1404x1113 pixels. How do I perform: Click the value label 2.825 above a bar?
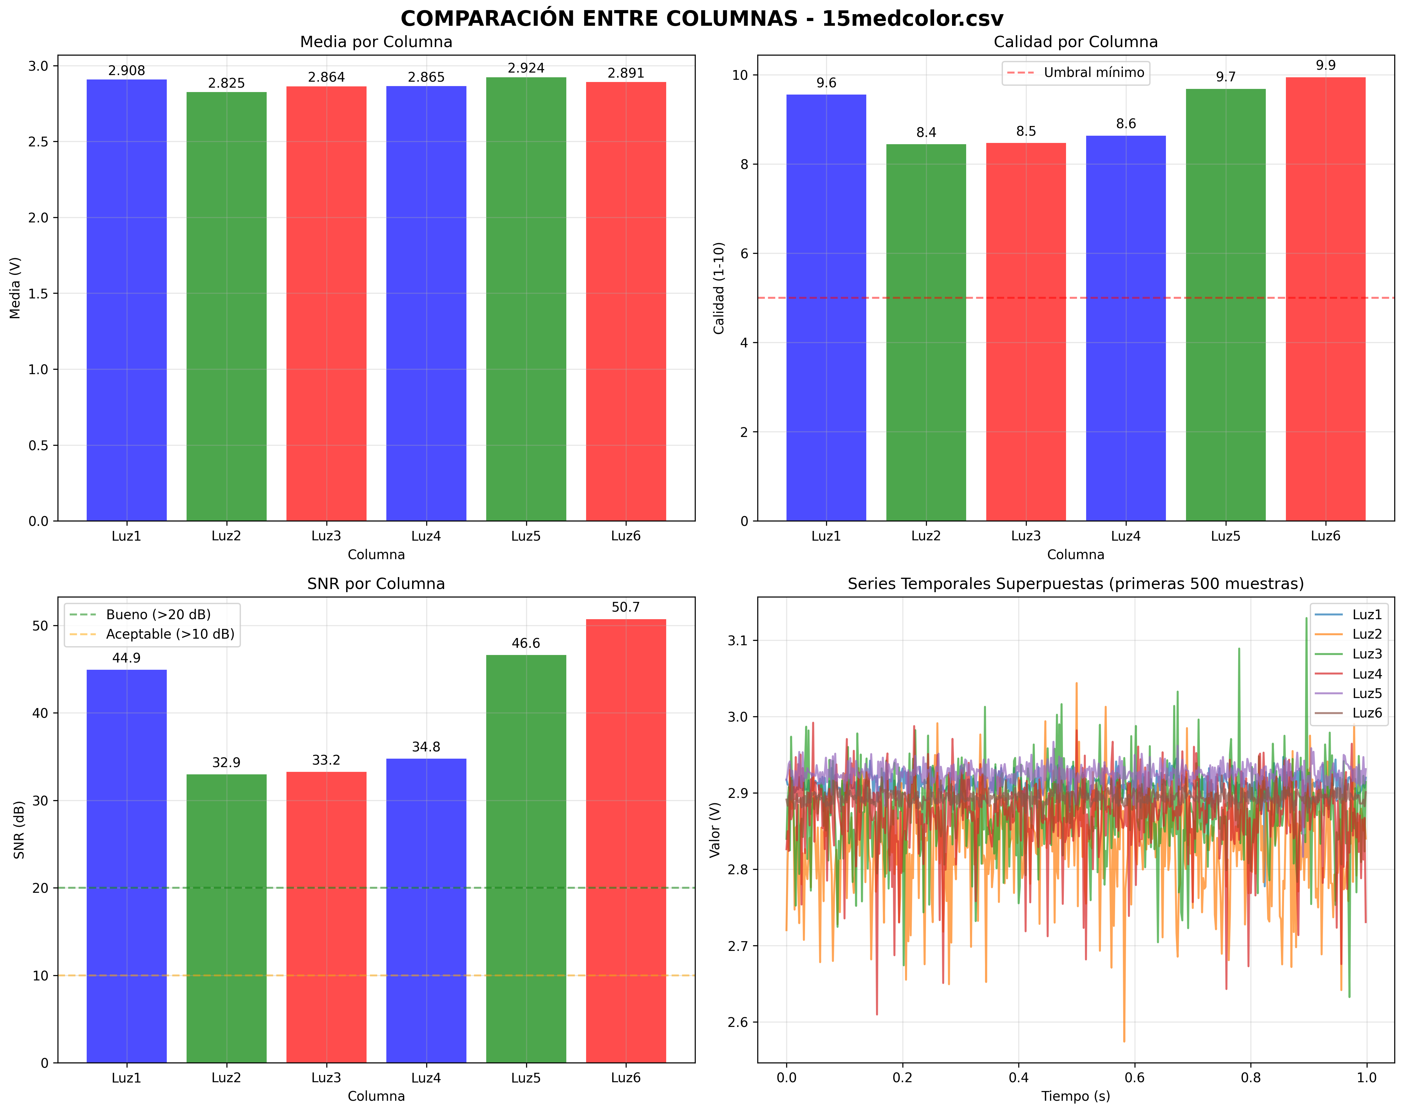[227, 83]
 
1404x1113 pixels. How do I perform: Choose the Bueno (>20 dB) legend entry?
[158, 615]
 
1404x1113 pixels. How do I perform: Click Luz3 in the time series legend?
[1366, 654]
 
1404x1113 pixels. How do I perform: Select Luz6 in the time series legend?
[1366, 713]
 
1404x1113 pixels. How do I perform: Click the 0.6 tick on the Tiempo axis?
[1135, 1078]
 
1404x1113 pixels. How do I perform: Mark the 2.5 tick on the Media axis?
[38, 142]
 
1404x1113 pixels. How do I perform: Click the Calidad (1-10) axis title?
[719, 288]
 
